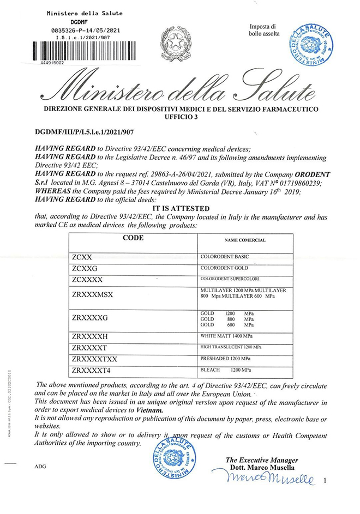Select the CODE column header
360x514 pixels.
coord(133,238)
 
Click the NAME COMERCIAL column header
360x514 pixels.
coord(244,239)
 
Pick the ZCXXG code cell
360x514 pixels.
coord(84,268)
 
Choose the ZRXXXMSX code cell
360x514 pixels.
coord(92,295)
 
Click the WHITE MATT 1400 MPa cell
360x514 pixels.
coord(226,335)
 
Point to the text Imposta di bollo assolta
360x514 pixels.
coord(265,31)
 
